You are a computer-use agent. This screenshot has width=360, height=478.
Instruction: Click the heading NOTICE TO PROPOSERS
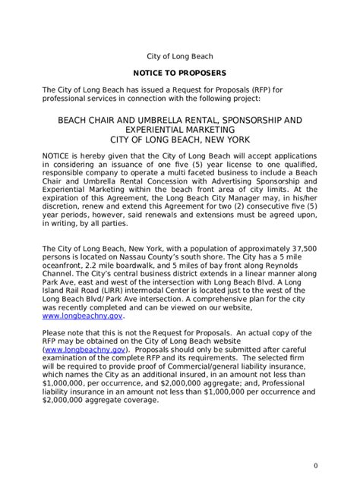[x=180, y=73]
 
